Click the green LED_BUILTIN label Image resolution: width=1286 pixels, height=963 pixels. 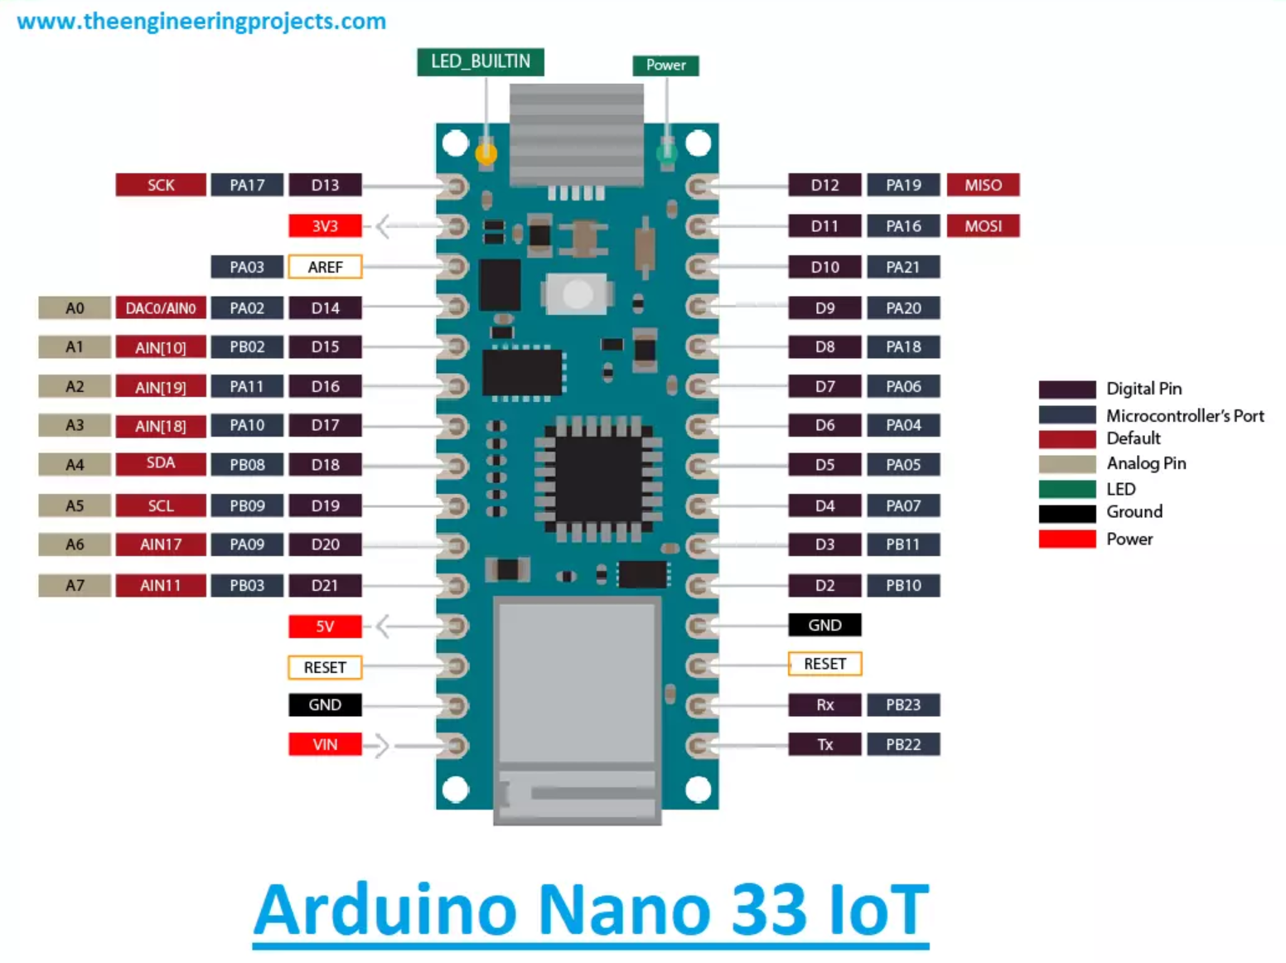pyautogui.click(x=481, y=62)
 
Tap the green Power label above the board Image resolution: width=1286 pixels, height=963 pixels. pyautogui.click(x=665, y=65)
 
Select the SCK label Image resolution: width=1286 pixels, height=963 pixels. pyautogui.click(x=161, y=185)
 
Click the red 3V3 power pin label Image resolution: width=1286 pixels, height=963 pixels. pyautogui.click(x=325, y=226)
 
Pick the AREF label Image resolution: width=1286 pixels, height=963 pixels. pyautogui.click(x=325, y=267)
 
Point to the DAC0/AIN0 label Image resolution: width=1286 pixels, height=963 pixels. pyautogui.click(x=161, y=308)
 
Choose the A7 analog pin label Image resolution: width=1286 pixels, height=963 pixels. pyautogui.click(x=75, y=585)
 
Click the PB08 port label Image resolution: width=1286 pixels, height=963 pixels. pyautogui.click(x=247, y=465)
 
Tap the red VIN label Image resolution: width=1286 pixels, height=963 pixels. pyautogui.click(x=325, y=744)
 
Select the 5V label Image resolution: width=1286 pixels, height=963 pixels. pyautogui.click(x=325, y=627)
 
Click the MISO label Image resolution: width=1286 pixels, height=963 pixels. pyautogui.click(x=983, y=185)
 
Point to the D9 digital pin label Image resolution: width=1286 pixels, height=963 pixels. pyautogui.click(x=824, y=308)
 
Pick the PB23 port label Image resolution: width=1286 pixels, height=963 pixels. pyautogui.click(x=903, y=704)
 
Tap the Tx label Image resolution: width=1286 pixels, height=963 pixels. pyautogui.click(x=824, y=744)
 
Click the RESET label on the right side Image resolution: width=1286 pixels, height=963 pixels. pyautogui.click(x=824, y=664)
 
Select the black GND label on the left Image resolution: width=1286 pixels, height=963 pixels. pyautogui.click(x=325, y=704)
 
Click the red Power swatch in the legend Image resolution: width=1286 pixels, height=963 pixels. pyautogui.click(x=1067, y=539)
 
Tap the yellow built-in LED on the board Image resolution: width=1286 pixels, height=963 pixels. pyautogui.click(x=486, y=153)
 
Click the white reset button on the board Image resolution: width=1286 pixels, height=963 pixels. pyautogui.click(x=578, y=293)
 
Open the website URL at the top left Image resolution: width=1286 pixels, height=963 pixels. pyautogui.click(x=201, y=21)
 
